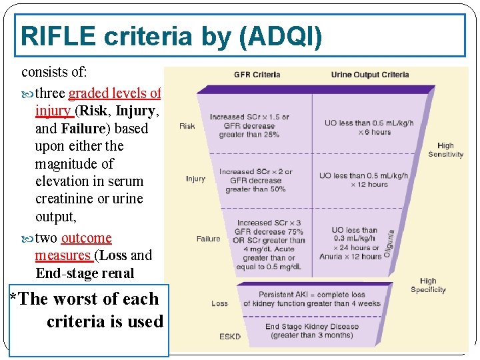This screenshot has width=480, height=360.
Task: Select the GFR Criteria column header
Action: click(257, 75)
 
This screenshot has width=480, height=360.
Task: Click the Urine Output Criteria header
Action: click(370, 75)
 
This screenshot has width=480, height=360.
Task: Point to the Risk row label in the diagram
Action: click(187, 126)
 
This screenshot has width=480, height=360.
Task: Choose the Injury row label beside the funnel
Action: click(195, 179)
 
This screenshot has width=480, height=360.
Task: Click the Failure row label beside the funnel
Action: click(208, 239)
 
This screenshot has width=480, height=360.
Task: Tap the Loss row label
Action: click(219, 303)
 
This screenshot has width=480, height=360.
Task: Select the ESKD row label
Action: click(229, 337)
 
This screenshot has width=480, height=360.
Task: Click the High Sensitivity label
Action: click(445, 150)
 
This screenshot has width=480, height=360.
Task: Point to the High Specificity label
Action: click(428, 285)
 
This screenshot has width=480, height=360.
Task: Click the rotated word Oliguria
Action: click(391, 243)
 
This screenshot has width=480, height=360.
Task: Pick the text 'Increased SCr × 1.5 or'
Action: click(249, 117)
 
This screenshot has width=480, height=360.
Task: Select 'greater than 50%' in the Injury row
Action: click(255, 189)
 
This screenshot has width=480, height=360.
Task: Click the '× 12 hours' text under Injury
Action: click(369, 184)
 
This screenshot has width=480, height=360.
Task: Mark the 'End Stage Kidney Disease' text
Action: click(311, 327)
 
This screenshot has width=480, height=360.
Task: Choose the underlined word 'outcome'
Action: click(86, 238)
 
